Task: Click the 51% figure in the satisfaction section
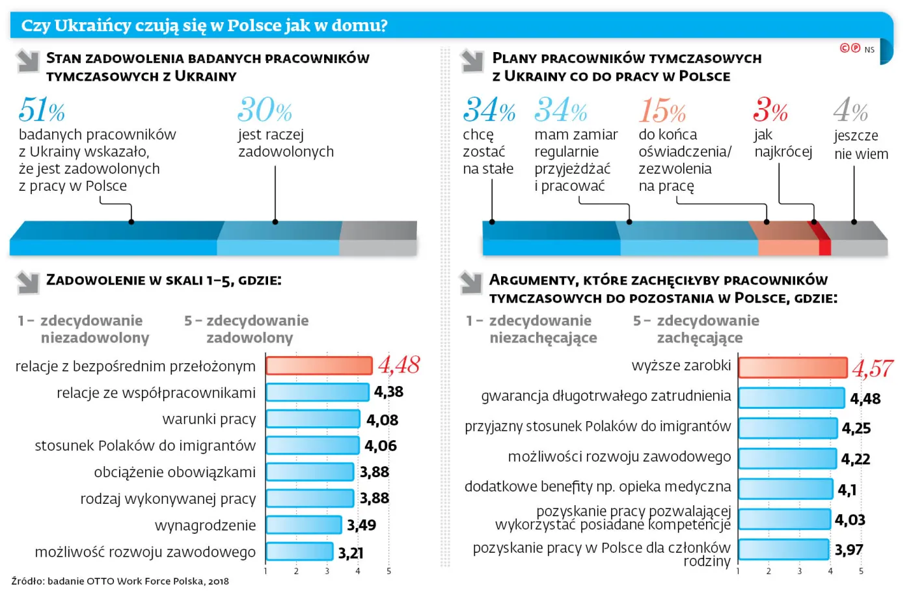[42, 109]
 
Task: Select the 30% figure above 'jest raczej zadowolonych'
[264, 109]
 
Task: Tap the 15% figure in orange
[662, 109]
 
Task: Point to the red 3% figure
[770, 109]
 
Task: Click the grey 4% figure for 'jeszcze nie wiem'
[850, 109]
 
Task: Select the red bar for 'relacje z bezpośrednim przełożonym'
[319, 366]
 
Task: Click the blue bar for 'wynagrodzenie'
[303, 525]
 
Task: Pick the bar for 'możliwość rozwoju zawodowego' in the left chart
[299, 551]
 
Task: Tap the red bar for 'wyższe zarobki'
[793, 367]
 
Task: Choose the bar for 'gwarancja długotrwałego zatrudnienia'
[791, 398]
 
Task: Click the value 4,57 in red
[873, 368]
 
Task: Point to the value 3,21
[351, 553]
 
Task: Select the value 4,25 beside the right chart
[856, 428]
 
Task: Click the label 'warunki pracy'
[209, 419]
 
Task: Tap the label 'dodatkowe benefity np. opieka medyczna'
[597, 487]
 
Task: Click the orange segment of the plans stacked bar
[785, 239]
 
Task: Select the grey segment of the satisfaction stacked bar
[378, 239]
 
